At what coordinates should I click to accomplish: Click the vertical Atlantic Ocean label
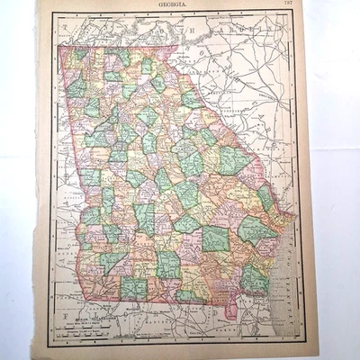tap(286, 270)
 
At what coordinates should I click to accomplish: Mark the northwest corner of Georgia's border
tap(59, 46)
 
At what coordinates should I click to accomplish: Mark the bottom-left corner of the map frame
tap(52, 346)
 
